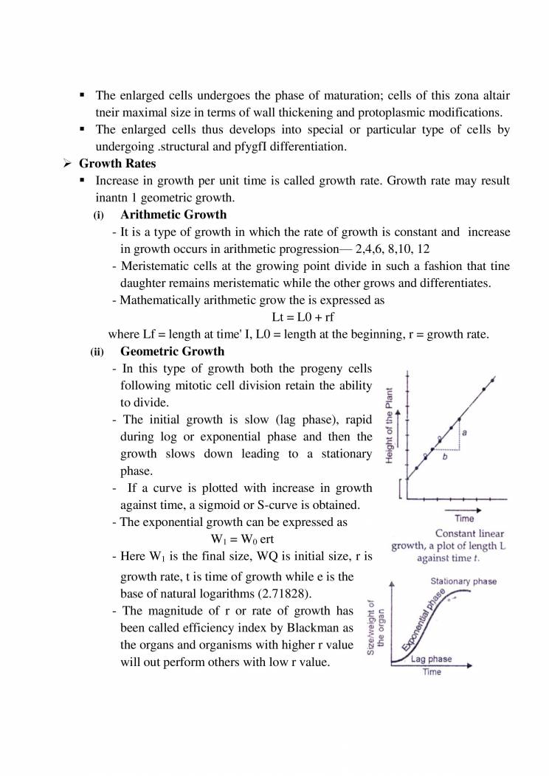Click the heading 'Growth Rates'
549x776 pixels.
coord(117,164)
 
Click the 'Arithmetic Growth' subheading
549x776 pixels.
coord(173,215)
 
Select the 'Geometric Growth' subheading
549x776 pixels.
coord(173,351)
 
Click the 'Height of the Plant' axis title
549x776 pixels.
coord(389,427)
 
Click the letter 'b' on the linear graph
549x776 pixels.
coord(444,457)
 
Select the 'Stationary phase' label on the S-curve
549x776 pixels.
coord(463,582)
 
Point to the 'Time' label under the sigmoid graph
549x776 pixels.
coord(432,673)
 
